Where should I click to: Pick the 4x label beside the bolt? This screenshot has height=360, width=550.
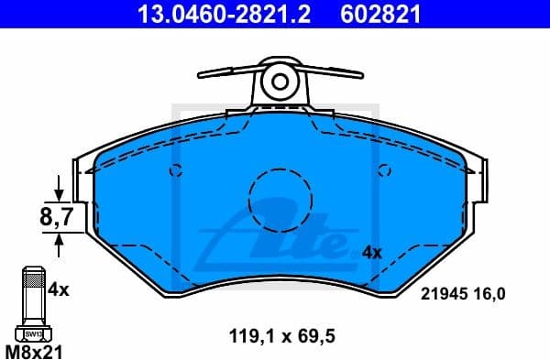pos(59,289)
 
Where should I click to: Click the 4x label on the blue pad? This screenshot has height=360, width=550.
pos(371,251)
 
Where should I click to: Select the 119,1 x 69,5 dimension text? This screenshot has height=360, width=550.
pos(283,336)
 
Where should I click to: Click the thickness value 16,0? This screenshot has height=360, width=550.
pos(490,294)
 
